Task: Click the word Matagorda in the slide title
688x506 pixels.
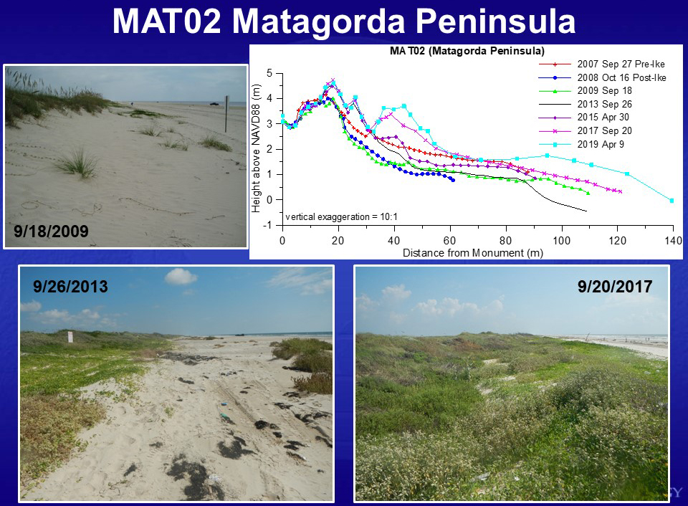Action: coord(317,22)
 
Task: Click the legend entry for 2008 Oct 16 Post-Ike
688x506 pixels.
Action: coord(603,77)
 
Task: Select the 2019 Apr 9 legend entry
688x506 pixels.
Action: coord(581,144)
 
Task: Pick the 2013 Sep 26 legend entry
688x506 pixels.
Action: coord(586,105)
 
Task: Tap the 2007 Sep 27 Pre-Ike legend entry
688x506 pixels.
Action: coord(601,64)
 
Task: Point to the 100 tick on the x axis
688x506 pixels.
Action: coord(561,241)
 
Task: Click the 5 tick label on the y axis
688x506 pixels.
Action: coord(269,73)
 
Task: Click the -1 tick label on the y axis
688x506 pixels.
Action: coord(267,225)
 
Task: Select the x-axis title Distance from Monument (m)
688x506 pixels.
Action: coord(472,253)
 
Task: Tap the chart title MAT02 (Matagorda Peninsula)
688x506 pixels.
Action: coord(467,51)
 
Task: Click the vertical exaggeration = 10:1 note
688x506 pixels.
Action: coord(341,216)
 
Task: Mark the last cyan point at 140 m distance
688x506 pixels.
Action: coord(672,201)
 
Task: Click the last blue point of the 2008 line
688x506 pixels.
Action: coord(453,180)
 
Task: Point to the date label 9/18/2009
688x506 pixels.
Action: coord(51,231)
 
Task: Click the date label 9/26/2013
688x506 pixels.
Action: coord(70,287)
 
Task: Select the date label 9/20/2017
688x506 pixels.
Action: coord(615,287)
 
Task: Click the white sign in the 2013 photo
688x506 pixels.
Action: coord(70,337)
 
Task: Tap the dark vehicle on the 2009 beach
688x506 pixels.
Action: coord(214,104)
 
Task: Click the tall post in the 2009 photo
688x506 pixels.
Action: coord(227,114)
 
